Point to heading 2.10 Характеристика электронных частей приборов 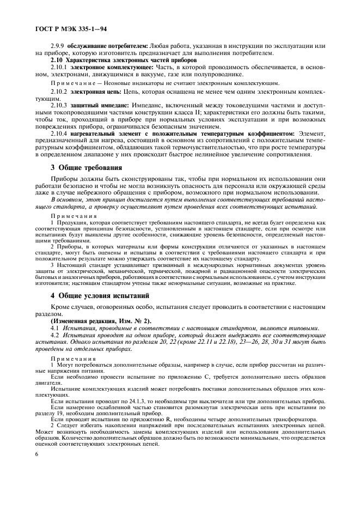point(112,60)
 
